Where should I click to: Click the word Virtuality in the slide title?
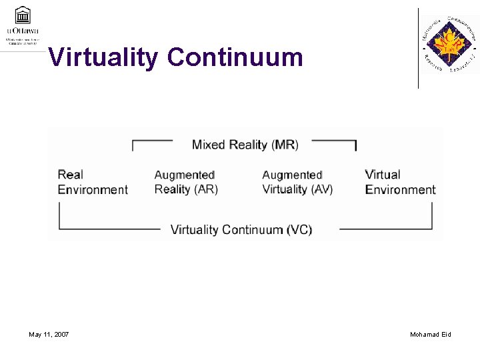point(104,57)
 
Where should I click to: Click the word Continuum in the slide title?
point(235,57)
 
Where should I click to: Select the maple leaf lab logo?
point(449,45)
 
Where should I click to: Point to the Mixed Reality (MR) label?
point(245,145)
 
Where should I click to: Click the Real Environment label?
point(93,182)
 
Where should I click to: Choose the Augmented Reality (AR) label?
point(186,182)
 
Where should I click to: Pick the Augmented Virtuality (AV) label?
point(297,182)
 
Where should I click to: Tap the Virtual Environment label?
point(400,182)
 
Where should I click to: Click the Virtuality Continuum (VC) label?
point(241,230)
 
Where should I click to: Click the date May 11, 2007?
point(49,334)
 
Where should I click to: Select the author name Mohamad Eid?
point(431,334)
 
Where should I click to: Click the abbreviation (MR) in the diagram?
point(285,145)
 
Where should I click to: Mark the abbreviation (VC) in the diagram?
point(299,230)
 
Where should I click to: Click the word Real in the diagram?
point(71,175)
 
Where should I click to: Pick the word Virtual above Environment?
point(383,175)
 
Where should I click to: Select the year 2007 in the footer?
point(60,334)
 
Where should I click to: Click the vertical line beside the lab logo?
point(418,48)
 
